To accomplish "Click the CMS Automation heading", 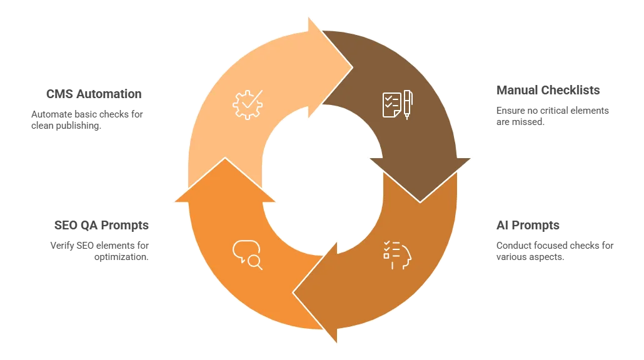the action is (94, 94).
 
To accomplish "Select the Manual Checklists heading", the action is (548, 90).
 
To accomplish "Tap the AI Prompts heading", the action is (528, 226).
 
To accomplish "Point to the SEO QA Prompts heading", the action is (101, 226).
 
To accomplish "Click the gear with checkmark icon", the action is (247, 104).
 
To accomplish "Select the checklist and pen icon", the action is (398, 104).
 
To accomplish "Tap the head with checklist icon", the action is (397, 255).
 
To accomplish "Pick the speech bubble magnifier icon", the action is (247, 255).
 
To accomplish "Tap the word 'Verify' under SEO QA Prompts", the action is (62, 246).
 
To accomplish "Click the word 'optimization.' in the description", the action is (121, 257).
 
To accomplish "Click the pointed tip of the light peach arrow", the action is (353, 67).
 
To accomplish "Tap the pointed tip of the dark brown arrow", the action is (420, 202).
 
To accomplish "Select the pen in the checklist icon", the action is (408, 104).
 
